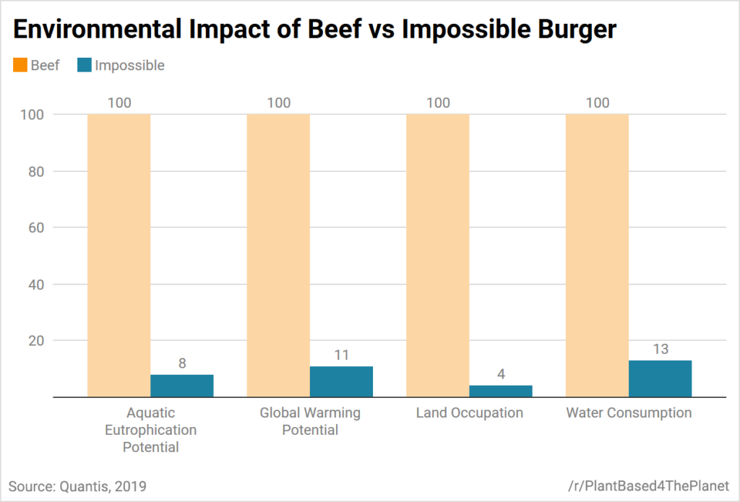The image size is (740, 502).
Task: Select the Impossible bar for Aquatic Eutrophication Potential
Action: (x=181, y=386)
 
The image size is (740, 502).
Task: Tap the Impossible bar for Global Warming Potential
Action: (x=341, y=381)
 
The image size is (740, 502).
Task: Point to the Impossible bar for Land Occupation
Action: (x=500, y=391)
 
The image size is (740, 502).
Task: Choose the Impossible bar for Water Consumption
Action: (x=660, y=378)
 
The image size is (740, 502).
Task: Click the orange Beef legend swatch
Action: (x=19, y=65)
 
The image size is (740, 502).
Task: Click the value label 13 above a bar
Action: (x=660, y=350)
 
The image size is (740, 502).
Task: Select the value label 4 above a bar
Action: (x=500, y=374)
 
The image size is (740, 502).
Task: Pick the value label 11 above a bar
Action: (x=341, y=355)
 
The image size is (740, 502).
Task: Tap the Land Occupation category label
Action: (x=469, y=413)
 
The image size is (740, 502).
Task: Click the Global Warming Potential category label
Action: (x=310, y=421)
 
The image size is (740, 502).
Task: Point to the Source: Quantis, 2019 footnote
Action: (x=77, y=486)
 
